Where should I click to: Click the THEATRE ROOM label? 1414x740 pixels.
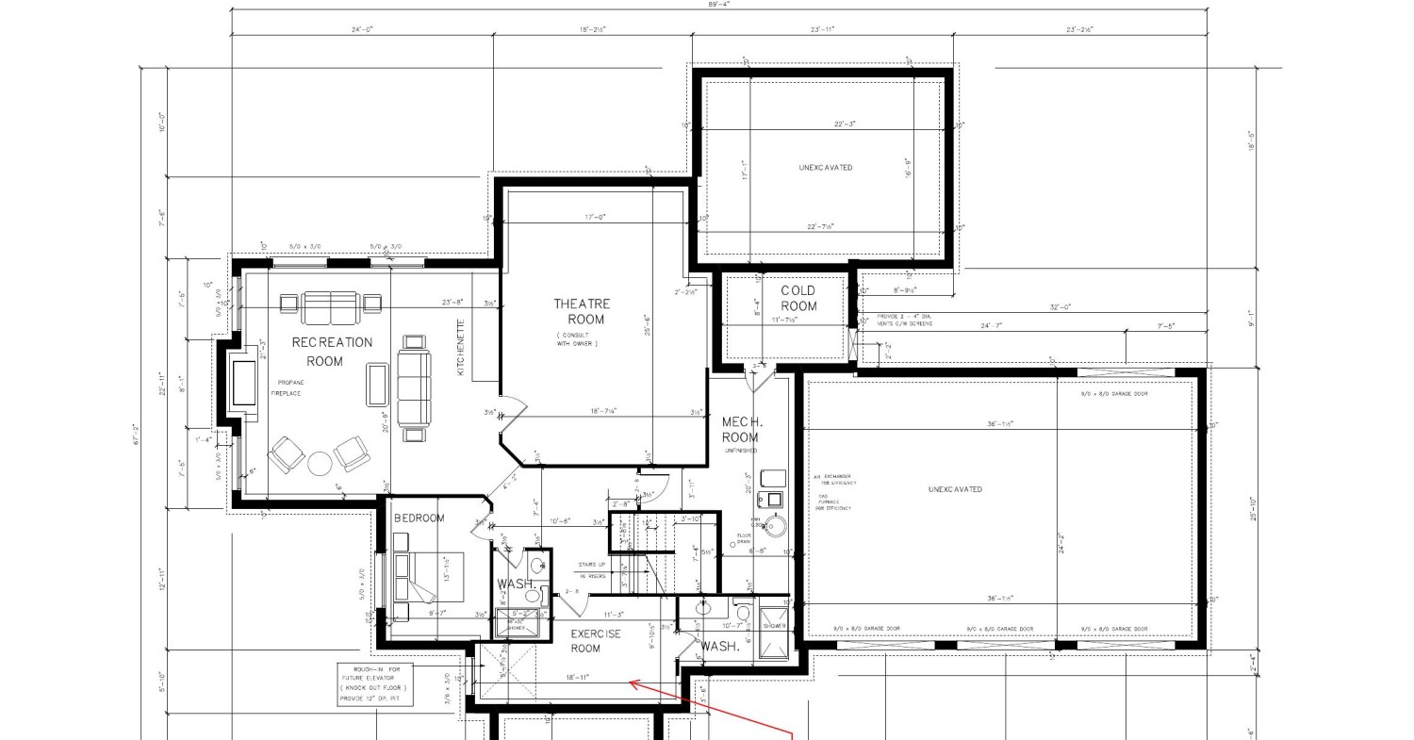[x=582, y=311]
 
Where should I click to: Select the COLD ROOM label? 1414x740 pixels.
[x=798, y=298]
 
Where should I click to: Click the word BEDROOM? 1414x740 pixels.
[x=419, y=518]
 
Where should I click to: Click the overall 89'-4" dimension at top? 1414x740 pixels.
[x=718, y=5]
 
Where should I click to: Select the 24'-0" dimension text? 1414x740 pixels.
[x=361, y=30]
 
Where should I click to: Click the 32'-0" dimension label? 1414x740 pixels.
[x=1060, y=307]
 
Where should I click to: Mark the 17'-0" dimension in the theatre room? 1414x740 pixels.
[x=594, y=217]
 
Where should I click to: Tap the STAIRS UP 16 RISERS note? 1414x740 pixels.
[x=592, y=569]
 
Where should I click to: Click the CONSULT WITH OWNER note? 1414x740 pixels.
[x=577, y=339]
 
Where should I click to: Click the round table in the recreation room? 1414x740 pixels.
[x=321, y=464]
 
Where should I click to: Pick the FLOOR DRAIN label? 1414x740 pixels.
[x=744, y=540]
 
